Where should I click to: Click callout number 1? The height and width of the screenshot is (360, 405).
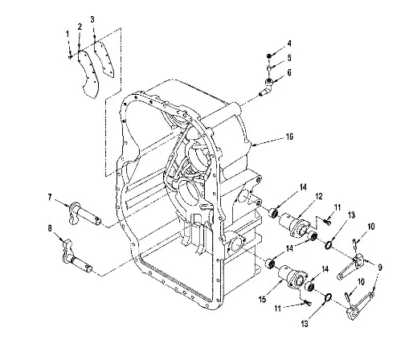click(x=67, y=35)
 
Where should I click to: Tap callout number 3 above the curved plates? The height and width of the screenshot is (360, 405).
click(x=92, y=19)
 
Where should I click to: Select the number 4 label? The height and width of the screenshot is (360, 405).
click(x=289, y=43)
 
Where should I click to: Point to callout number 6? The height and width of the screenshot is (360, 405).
click(x=289, y=72)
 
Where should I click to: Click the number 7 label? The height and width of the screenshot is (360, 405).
click(x=50, y=198)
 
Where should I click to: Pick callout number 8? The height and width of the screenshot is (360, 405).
click(x=50, y=228)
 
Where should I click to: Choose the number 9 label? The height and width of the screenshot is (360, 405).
click(x=380, y=267)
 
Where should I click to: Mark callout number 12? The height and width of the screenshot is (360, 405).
click(x=319, y=196)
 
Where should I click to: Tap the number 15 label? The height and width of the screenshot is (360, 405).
click(x=263, y=299)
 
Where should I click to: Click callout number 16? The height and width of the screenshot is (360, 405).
click(x=289, y=137)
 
